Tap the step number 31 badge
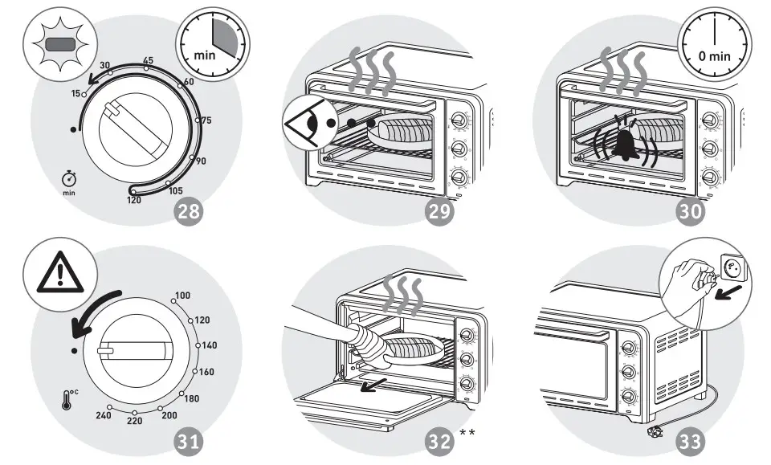tap(190, 441)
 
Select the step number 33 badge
tap(690, 441)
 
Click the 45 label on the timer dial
tap(148, 61)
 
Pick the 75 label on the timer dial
tap(206, 120)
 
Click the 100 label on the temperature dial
tap(183, 296)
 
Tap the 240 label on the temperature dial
tap(104, 414)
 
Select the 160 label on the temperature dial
tap(206, 372)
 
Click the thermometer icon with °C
tap(68, 399)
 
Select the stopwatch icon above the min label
tap(69, 178)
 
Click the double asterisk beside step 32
tap(467, 434)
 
